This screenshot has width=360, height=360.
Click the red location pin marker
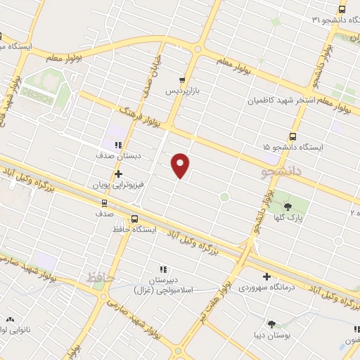tap(181, 165)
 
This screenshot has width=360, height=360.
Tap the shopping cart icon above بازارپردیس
tap(182, 80)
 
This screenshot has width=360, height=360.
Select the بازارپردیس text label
tap(182, 91)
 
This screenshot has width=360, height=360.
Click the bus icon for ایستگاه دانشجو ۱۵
tap(292, 136)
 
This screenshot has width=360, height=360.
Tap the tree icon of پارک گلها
tap(288, 205)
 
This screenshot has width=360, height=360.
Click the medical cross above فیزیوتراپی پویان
tap(117, 173)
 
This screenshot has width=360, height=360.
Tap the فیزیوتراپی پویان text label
tap(118, 185)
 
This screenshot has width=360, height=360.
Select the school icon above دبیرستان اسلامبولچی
tap(163, 269)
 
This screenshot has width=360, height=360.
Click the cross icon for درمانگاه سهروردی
tap(266, 276)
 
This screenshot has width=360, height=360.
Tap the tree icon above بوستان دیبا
tap(271, 324)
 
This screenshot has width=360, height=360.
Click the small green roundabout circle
tap(224, 197)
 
